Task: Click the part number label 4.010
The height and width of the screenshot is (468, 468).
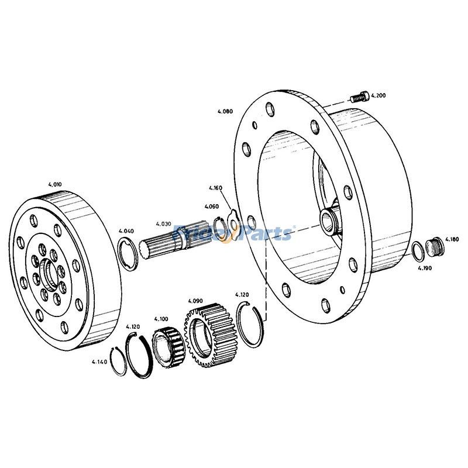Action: coord(54,184)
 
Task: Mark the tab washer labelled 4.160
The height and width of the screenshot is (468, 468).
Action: coord(232,219)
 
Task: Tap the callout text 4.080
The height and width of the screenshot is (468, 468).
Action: coord(225,111)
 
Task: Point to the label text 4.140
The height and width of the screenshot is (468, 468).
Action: coord(99,362)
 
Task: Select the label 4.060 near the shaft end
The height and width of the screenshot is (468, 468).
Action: coord(212,207)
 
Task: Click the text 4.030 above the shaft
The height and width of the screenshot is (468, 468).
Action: coord(163,223)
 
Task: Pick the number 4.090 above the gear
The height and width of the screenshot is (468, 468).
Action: coord(195,300)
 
